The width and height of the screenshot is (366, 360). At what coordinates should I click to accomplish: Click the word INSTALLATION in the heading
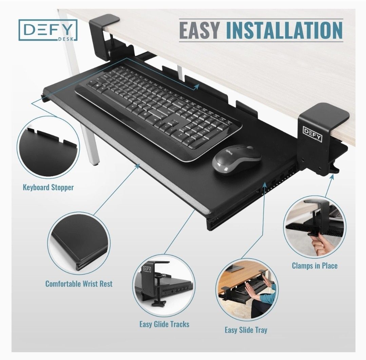coord(284,31)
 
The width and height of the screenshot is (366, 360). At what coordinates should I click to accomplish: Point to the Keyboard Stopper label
coord(48,187)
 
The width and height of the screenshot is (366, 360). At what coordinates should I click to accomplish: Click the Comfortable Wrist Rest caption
coord(79,283)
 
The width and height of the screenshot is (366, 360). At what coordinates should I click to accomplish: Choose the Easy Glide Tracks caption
coord(164,324)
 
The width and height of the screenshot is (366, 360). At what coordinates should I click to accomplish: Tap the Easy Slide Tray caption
coord(246,329)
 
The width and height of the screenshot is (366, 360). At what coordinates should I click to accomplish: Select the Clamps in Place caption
coord(315,265)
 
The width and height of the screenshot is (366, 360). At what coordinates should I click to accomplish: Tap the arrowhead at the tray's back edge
coord(196,87)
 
